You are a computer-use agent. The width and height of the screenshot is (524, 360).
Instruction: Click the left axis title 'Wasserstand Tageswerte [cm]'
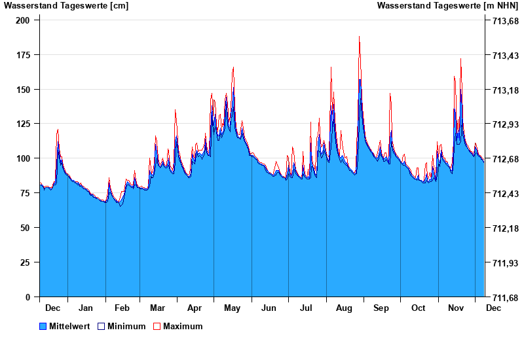(x=66, y=6)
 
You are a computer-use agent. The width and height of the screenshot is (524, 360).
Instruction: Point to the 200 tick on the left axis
(x=23, y=20)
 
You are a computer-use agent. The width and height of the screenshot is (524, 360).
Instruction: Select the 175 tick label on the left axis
(x=23, y=55)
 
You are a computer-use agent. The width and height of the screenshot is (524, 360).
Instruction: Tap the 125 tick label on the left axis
(x=23, y=124)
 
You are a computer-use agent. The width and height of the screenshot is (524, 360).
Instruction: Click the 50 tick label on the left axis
(x=26, y=228)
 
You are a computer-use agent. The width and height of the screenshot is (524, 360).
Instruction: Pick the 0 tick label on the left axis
(x=28, y=297)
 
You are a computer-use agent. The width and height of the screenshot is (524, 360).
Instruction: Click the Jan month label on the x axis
(x=86, y=308)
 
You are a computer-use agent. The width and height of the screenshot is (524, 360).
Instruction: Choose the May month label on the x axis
(x=232, y=308)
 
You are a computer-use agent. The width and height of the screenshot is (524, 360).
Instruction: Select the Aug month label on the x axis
(x=344, y=308)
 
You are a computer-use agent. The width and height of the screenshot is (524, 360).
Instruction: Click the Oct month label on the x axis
(x=418, y=308)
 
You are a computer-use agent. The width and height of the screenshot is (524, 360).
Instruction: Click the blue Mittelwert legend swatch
(x=43, y=326)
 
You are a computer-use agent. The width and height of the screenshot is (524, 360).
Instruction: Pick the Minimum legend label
(x=126, y=326)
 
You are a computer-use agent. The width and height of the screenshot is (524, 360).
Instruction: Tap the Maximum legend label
(x=183, y=326)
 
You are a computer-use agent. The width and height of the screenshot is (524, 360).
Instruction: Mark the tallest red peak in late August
(x=360, y=37)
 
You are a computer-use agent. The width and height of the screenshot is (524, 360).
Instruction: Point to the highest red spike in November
(x=460, y=59)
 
